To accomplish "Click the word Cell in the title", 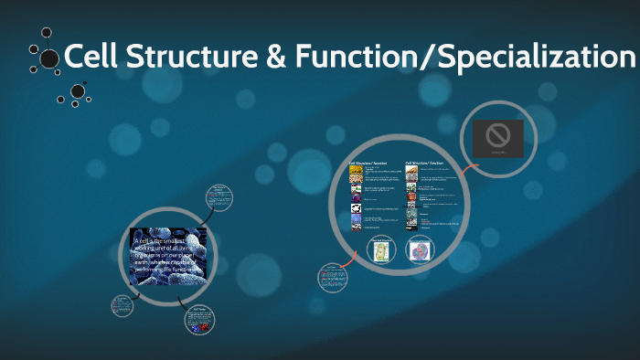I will pos(91,58).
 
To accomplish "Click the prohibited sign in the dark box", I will pos(497,136).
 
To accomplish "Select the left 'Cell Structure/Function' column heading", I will pos(368,163).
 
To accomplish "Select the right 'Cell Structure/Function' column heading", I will pos(423,163).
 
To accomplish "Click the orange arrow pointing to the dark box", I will pos(467,171).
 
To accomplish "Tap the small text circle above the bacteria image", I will pos(219,196).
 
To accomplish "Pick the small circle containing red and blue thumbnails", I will pos(201,323).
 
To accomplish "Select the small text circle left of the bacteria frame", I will pos(123,306).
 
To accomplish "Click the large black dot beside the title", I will pos(48,60).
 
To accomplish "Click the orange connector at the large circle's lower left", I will pos(347,261).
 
